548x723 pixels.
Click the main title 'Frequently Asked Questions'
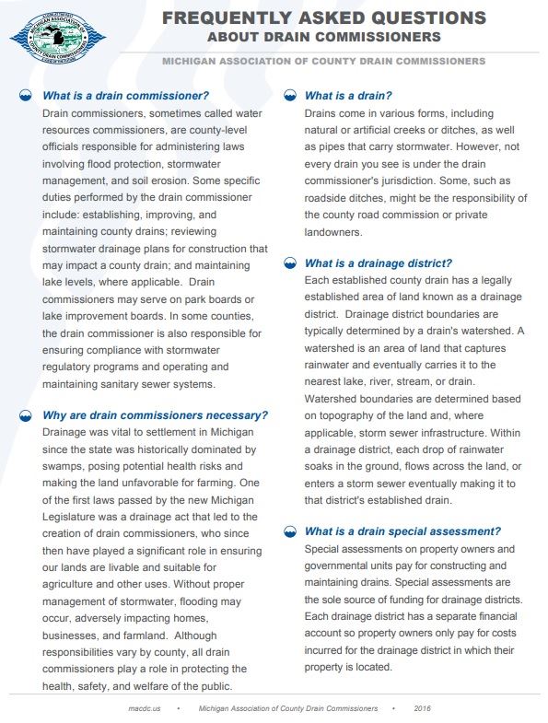[323, 17]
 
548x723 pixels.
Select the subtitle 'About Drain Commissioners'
[323, 37]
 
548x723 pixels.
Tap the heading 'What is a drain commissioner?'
[126, 96]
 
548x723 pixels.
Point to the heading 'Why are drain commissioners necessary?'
[155, 415]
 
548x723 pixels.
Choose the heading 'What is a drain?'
[348, 96]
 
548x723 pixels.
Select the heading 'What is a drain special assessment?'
[402, 531]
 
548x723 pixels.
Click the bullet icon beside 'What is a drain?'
[290, 96]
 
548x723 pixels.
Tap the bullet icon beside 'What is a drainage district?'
[290, 262]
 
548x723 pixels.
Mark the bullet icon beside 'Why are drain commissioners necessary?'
[28, 415]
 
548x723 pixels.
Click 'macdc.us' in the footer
[146, 709]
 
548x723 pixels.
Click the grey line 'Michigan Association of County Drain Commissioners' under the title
[323, 61]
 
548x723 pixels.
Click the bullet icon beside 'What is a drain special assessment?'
[290, 531]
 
